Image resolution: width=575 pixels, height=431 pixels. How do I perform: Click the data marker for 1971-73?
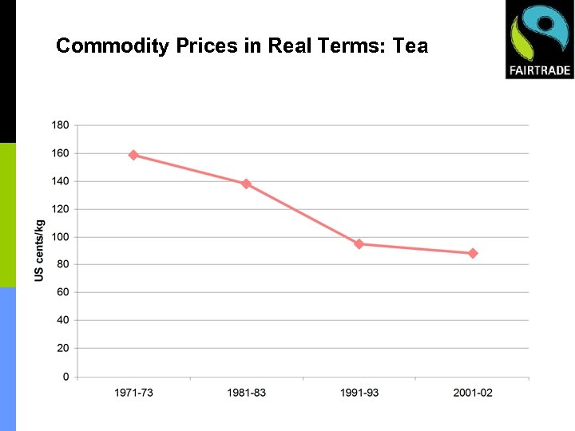133,155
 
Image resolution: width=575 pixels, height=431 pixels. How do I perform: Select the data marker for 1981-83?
246,184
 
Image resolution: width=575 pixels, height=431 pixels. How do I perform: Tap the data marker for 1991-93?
359,244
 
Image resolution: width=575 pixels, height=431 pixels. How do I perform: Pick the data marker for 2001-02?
473,253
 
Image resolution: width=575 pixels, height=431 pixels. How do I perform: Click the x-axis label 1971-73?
133,393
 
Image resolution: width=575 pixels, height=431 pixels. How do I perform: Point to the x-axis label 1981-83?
246,393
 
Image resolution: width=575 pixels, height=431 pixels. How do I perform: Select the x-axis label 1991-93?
359,393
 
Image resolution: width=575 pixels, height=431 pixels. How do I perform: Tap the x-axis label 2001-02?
473,393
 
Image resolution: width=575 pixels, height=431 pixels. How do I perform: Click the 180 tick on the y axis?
60,125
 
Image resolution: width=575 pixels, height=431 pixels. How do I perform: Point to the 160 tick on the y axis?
60,153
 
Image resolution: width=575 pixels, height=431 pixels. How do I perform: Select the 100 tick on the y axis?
60,237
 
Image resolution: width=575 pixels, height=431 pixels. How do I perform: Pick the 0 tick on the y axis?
65,377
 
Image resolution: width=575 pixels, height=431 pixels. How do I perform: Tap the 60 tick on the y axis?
62,293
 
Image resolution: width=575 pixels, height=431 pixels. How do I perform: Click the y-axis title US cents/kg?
39,251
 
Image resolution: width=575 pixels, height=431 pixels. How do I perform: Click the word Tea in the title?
410,46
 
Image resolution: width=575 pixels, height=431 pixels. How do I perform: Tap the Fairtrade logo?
539,39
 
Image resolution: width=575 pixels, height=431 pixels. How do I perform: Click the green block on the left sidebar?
8,215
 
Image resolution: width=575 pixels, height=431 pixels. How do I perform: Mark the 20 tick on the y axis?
62,349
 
